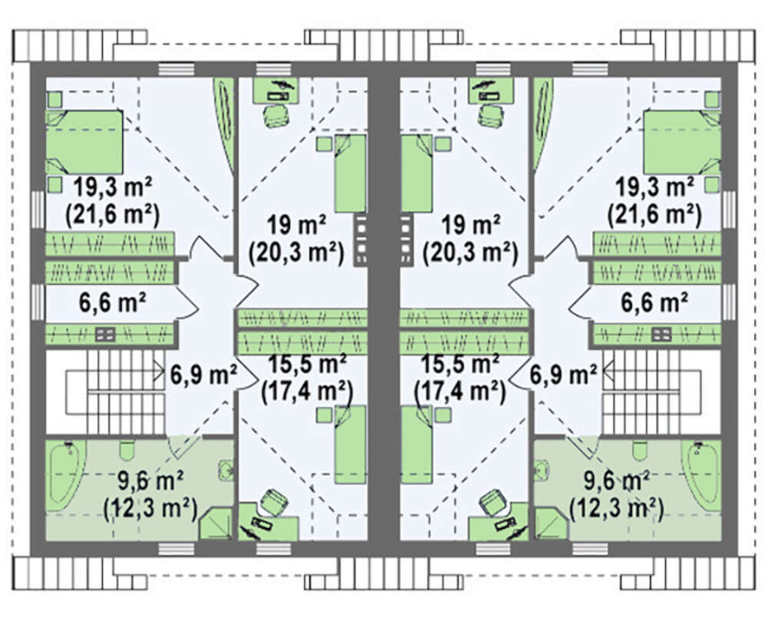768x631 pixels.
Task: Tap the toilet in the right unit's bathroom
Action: point(639,451)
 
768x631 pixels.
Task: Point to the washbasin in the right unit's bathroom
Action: point(542,470)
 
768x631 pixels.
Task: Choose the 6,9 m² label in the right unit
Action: point(563,375)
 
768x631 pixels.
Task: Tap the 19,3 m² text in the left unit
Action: point(113,187)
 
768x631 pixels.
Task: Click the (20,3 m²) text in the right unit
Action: point(470,253)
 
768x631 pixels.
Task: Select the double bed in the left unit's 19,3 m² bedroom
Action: point(84,142)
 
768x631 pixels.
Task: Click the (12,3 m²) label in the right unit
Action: point(616,509)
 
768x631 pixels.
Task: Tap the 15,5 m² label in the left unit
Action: point(308,364)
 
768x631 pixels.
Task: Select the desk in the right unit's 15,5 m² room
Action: point(498,528)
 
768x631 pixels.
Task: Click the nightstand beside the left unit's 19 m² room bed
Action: point(324,144)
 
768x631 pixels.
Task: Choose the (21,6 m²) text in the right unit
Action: point(654,214)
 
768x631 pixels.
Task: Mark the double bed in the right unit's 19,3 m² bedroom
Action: point(682,142)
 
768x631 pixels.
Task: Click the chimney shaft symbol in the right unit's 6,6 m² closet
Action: point(662,335)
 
